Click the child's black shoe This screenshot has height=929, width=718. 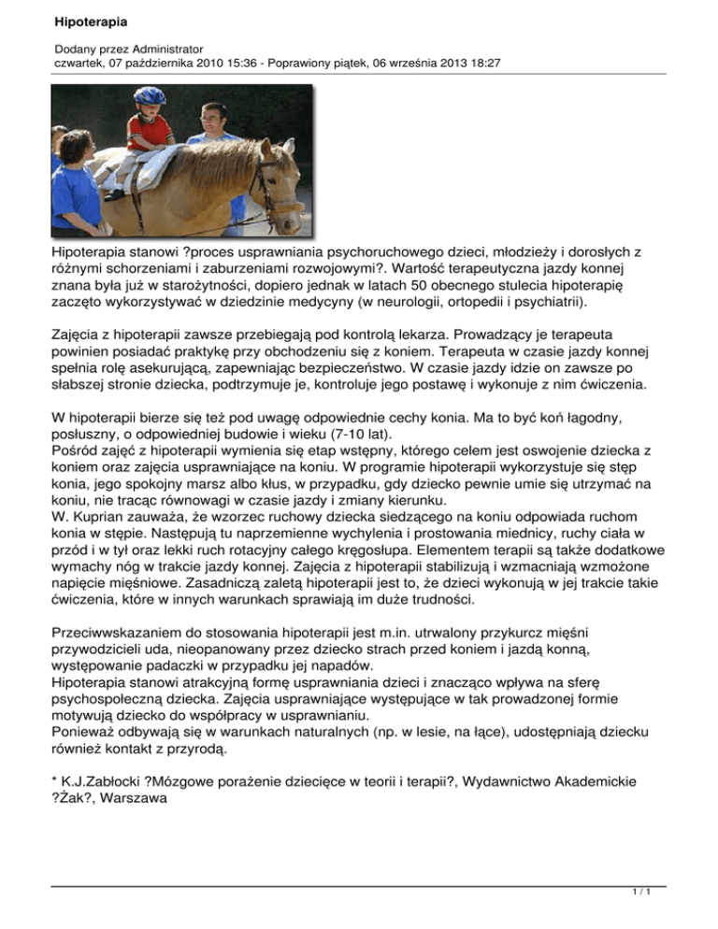pos(115,193)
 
